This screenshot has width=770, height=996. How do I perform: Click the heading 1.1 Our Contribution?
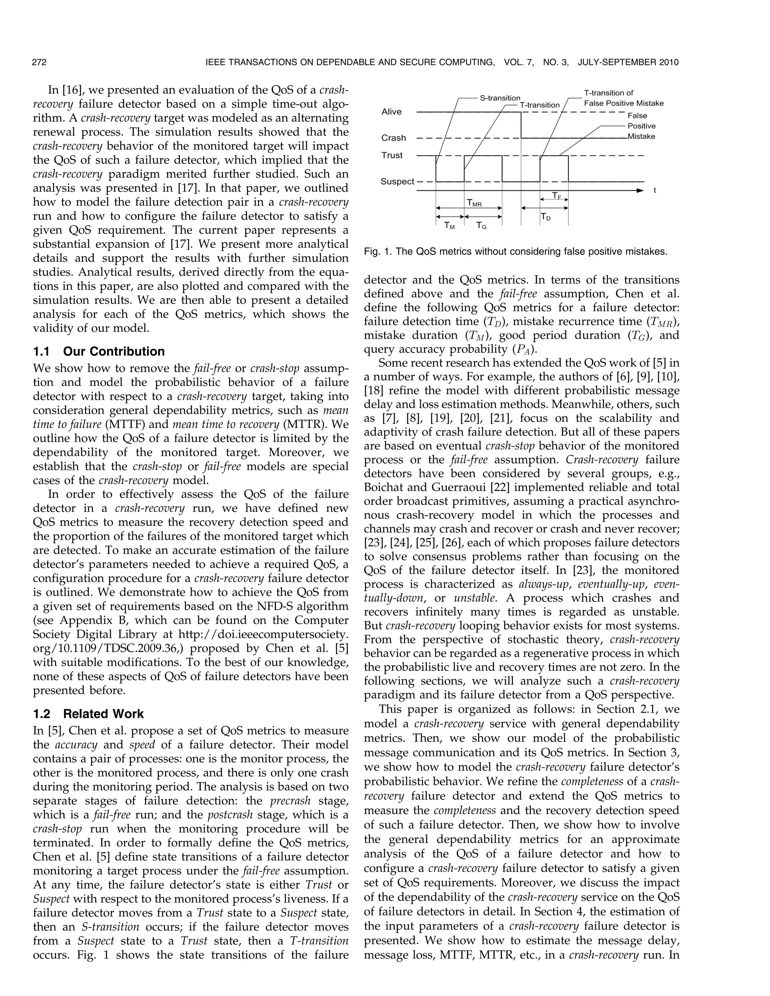(x=99, y=352)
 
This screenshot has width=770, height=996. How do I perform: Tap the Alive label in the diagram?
(x=391, y=112)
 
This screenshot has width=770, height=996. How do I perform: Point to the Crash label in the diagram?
(x=393, y=138)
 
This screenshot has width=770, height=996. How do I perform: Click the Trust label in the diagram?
(x=392, y=156)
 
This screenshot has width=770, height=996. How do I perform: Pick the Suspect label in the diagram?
(x=397, y=182)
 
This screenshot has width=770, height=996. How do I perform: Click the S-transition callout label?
(x=500, y=98)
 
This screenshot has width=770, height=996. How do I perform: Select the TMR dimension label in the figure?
(x=474, y=203)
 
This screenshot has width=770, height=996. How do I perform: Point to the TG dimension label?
(x=481, y=225)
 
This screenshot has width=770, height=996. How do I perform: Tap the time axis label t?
(x=655, y=191)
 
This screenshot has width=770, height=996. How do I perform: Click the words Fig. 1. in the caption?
(x=377, y=252)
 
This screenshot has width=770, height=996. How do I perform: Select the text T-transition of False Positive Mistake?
(x=624, y=98)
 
